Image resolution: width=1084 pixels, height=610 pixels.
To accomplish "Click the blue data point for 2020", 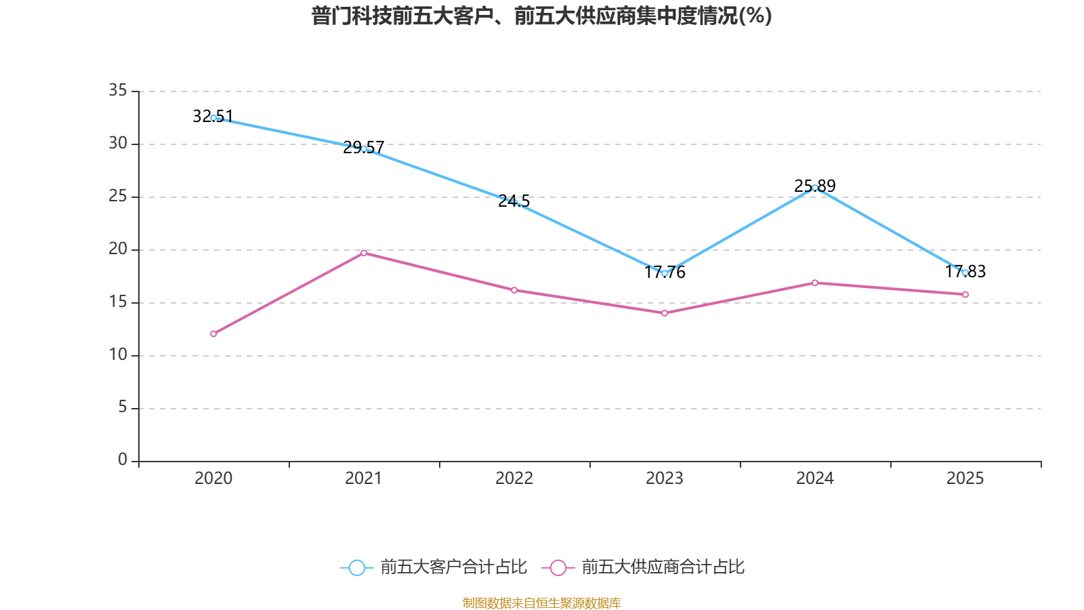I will point(213,118).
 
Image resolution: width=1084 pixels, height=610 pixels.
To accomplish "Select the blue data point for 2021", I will point(364,148).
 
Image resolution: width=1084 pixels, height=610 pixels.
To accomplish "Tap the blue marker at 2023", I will point(665,273).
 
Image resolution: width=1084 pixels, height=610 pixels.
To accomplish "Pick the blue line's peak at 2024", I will point(815,188).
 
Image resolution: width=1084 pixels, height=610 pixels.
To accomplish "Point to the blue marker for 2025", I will point(965,272).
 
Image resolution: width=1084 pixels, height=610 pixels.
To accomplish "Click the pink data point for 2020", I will point(213,333).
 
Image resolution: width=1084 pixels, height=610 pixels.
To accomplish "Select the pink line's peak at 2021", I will point(364,253).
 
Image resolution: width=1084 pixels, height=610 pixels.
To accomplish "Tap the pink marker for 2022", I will point(514,290).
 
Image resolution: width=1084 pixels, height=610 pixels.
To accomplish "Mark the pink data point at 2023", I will point(665,313).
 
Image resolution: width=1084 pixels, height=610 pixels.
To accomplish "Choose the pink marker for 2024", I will point(815,283).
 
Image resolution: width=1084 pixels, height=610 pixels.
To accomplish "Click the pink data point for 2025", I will point(965,295).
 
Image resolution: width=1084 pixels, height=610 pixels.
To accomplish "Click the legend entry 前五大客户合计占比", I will point(434,567).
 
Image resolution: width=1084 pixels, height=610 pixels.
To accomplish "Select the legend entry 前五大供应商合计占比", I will point(644,567).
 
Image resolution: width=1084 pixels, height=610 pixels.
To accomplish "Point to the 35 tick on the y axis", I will point(118,91).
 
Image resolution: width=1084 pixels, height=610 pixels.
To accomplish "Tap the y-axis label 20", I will point(118,249).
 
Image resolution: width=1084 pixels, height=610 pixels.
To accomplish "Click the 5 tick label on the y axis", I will point(122,407).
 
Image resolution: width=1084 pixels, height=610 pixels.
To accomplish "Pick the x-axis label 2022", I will point(514,479).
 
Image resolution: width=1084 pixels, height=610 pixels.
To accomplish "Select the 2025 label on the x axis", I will point(965,479).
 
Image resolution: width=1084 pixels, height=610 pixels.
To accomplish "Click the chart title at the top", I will point(541,16).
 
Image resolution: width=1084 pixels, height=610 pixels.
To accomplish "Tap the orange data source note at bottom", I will point(541,603).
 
